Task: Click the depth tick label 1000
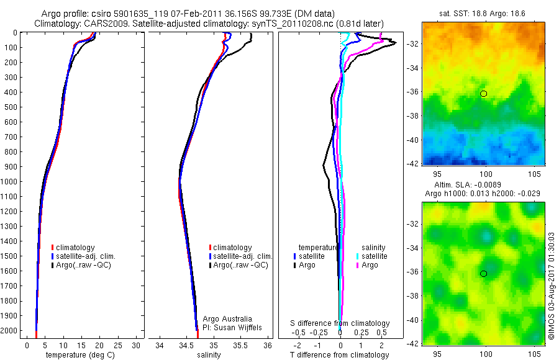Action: [x=9, y=182]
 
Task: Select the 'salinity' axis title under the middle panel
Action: [x=214, y=355]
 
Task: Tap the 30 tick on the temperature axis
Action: [x=136, y=344]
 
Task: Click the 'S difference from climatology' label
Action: [x=340, y=323]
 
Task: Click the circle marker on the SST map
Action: [x=483, y=94]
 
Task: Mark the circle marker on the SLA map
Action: [x=483, y=274]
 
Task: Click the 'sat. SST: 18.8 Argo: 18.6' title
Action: [x=483, y=13]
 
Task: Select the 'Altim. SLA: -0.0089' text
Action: [x=483, y=185]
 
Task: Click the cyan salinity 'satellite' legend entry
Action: [x=373, y=256]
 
